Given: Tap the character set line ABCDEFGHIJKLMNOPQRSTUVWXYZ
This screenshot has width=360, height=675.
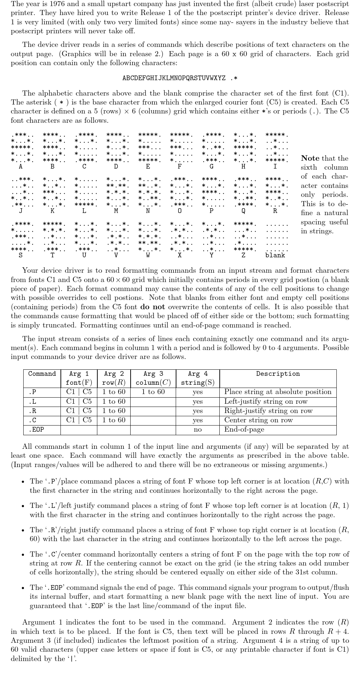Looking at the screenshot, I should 174,78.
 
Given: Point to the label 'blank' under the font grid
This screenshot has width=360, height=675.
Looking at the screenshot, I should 275,255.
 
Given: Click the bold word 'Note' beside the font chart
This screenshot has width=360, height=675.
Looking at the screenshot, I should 310,158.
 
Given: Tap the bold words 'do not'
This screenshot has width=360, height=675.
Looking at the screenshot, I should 153,307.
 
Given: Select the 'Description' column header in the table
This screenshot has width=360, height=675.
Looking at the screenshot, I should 278,374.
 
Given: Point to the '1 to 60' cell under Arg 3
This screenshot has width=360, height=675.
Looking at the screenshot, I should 153,392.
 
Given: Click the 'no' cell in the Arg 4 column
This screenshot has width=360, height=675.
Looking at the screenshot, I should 198,429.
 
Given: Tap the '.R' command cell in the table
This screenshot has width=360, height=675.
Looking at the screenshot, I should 32,411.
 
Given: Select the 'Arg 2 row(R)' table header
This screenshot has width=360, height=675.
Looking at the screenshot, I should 114,378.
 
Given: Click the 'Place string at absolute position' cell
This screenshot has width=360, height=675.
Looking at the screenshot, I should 278,392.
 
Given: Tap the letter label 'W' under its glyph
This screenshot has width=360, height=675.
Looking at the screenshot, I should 148,255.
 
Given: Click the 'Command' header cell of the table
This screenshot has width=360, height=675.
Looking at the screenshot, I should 42,374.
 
